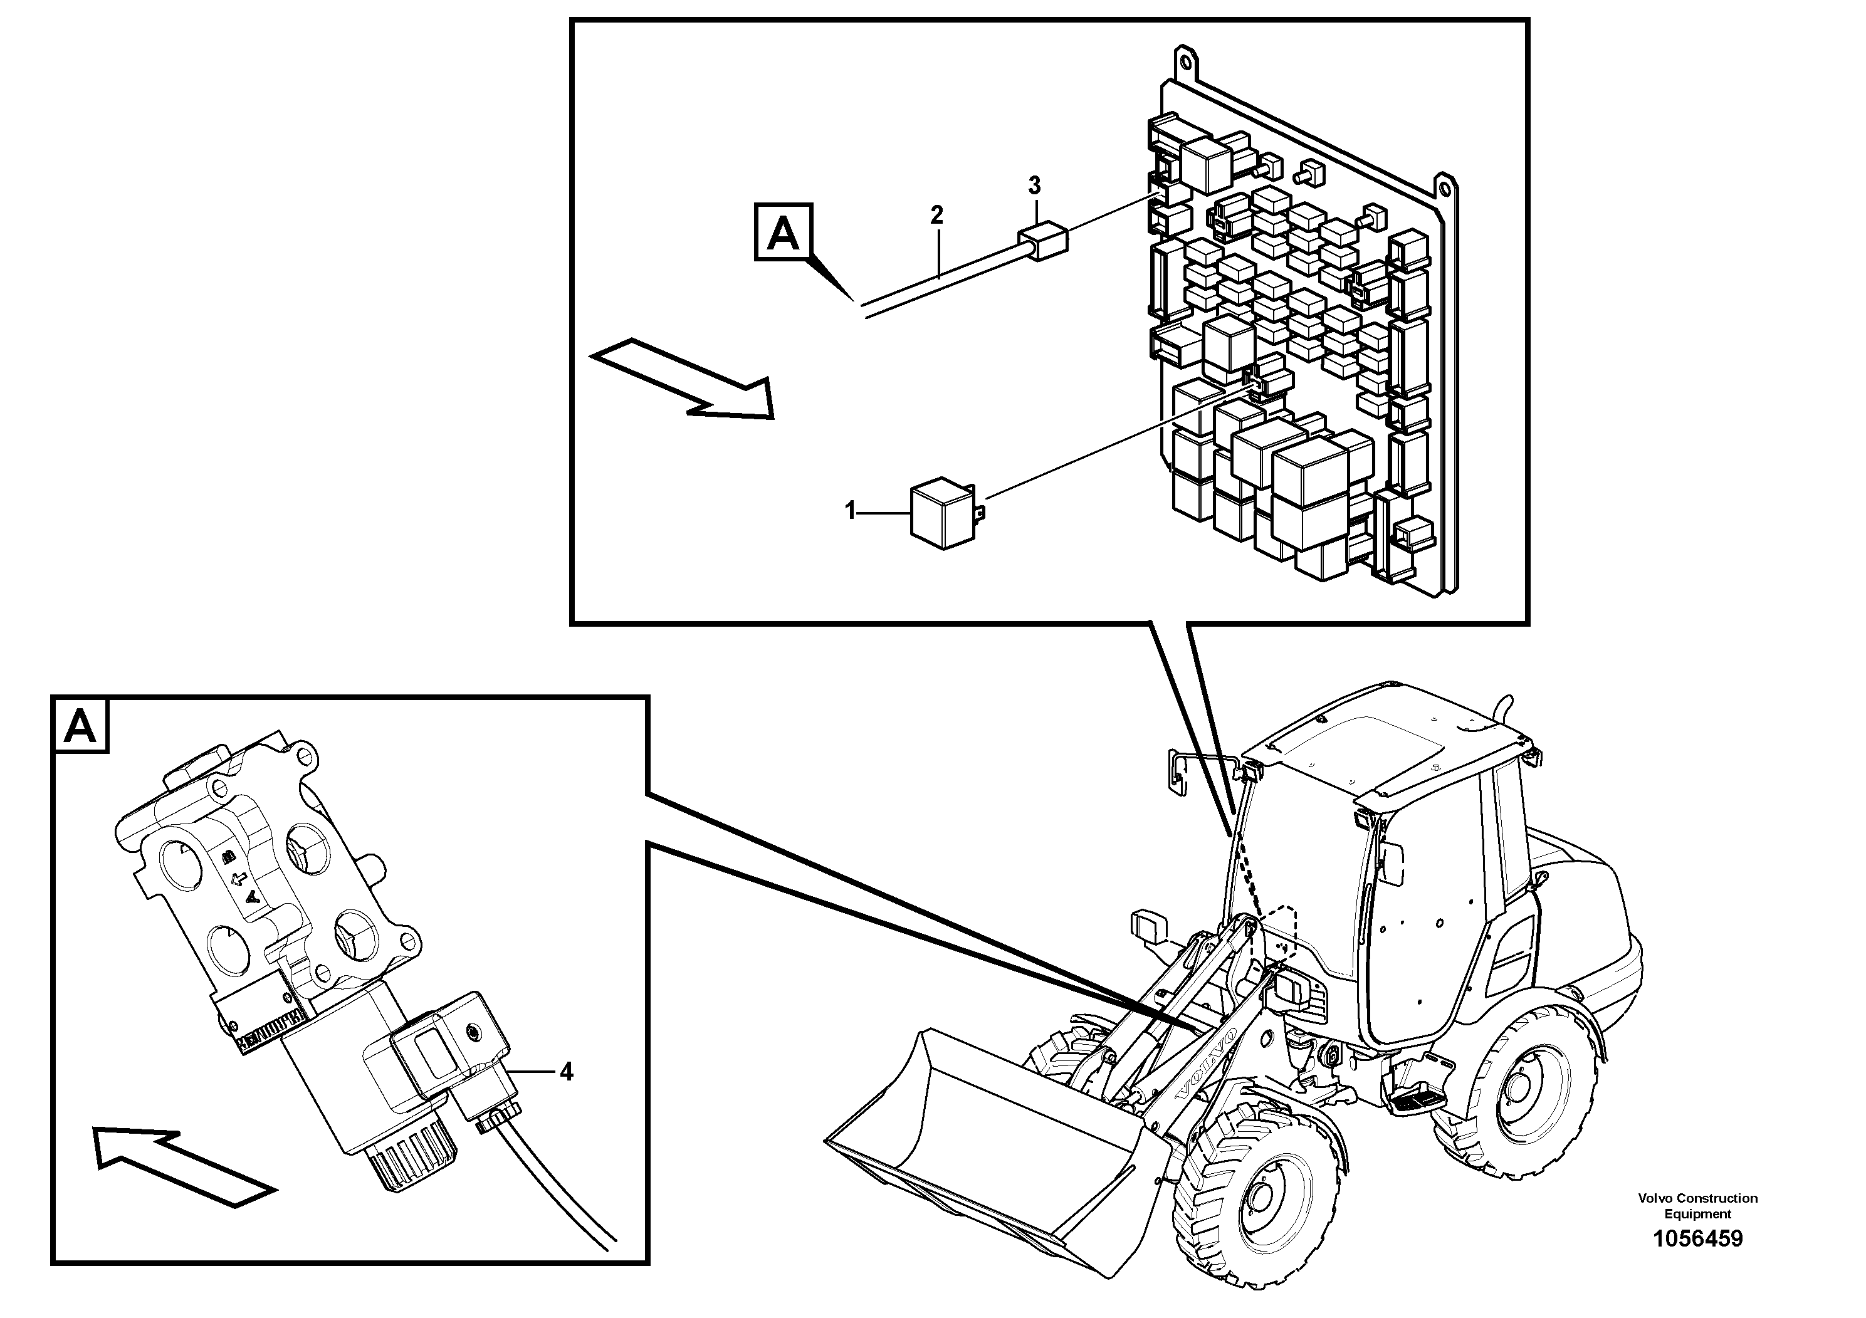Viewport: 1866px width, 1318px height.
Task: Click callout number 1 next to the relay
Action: [x=850, y=512]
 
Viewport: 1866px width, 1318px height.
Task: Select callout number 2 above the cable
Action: [x=936, y=216]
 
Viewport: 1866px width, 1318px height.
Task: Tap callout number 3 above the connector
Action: [x=1034, y=186]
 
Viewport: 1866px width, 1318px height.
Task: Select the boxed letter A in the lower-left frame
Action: [x=80, y=725]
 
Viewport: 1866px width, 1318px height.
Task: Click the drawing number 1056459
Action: [x=1697, y=1238]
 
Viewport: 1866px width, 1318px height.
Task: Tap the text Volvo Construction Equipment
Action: [x=1697, y=1205]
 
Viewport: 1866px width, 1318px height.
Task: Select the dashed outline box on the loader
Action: [x=1277, y=935]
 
